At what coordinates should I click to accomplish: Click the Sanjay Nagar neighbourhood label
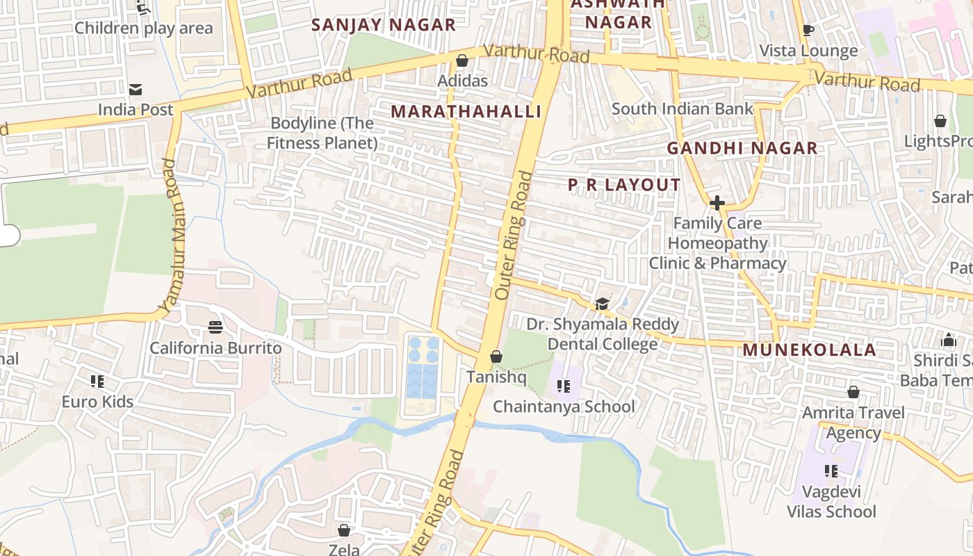[383, 25]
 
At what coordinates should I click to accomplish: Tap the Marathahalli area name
[466, 112]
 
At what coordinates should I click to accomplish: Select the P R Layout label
[624, 185]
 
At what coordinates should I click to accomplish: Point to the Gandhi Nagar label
[742, 148]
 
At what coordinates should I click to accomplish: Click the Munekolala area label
[809, 350]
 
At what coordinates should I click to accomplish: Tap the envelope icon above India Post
[136, 90]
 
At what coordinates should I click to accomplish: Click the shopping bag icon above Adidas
[462, 61]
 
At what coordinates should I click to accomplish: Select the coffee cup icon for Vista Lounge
[808, 31]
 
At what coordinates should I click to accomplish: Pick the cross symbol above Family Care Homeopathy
[717, 203]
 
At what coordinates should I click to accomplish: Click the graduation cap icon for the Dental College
[602, 304]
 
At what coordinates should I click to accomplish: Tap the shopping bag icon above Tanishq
[496, 357]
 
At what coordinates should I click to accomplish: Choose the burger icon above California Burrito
[215, 327]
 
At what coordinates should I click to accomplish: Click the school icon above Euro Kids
[97, 382]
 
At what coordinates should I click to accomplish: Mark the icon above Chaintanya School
[563, 386]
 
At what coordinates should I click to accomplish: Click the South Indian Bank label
[682, 109]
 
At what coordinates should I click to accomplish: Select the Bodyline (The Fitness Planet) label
[322, 133]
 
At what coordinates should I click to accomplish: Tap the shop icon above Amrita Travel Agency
[853, 392]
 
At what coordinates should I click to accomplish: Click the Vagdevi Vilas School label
[831, 502]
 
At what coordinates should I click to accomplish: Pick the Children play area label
[143, 28]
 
